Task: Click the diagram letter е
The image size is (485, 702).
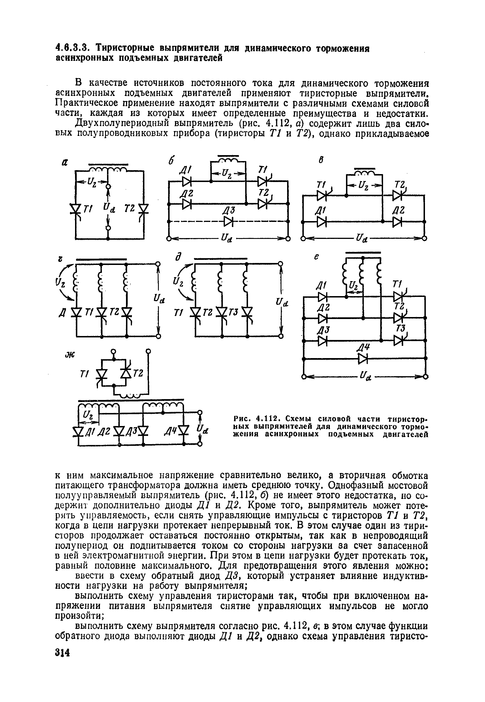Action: (316, 257)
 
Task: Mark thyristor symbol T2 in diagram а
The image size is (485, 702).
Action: (144, 209)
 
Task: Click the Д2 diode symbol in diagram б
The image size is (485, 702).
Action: (187, 204)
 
